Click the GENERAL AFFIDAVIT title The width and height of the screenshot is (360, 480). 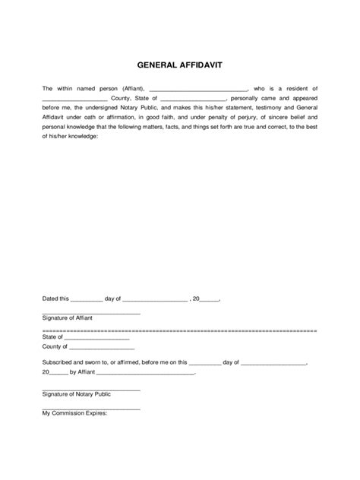coord(180,67)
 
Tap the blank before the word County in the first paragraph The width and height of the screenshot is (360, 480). coord(74,100)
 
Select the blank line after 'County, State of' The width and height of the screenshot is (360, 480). coord(194,100)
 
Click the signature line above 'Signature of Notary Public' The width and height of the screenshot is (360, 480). coord(91,390)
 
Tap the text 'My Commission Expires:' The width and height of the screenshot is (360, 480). coord(75,414)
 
